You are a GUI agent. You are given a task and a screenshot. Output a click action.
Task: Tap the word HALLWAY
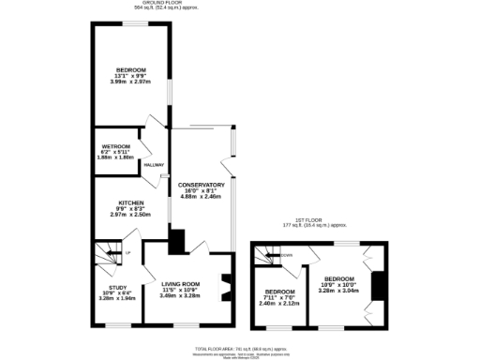[x=154, y=166]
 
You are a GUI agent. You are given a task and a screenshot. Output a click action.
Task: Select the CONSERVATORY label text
[x=201, y=185]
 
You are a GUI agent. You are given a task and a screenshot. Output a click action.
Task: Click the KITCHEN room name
[x=130, y=202]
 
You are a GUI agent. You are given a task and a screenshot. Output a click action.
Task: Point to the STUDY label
[x=117, y=288]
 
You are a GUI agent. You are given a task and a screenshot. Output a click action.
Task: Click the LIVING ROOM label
[x=180, y=283]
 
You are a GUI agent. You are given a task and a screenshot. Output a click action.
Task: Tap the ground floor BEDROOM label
[x=131, y=70]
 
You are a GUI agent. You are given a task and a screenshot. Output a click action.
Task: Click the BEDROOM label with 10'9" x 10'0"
[x=339, y=278]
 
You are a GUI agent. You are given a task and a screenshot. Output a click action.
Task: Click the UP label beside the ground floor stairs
[x=127, y=254]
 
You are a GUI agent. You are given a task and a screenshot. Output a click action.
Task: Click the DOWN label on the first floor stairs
[x=287, y=254]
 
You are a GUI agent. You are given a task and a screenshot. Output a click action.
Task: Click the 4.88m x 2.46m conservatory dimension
[x=201, y=197]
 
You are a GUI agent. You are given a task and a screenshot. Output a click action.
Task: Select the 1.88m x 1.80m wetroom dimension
[x=116, y=157]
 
